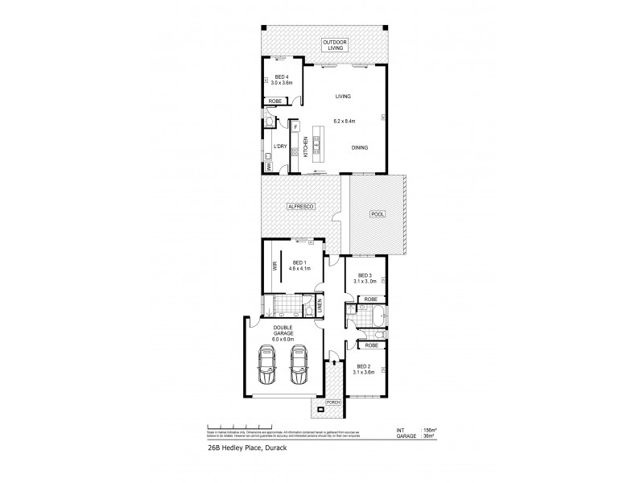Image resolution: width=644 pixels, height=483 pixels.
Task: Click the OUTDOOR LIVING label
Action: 333,44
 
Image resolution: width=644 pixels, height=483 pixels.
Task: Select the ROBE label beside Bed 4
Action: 276,101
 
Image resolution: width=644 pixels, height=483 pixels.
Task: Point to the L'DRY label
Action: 279,146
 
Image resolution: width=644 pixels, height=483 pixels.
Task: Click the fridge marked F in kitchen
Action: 295,127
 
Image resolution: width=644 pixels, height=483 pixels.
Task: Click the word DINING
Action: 361,147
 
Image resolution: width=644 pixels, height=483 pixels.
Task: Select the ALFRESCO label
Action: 299,208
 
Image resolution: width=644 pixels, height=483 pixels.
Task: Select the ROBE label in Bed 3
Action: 370,299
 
